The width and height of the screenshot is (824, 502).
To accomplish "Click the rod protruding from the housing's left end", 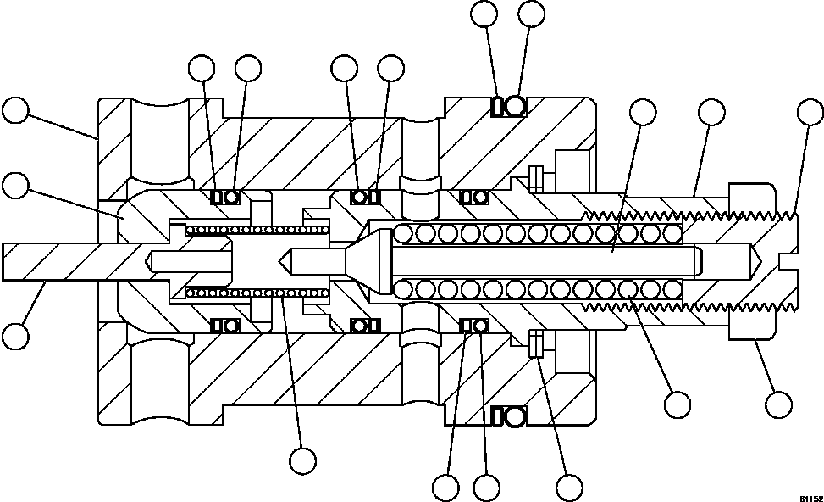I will (51, 261).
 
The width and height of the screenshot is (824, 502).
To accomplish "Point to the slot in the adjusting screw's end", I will (788, 254).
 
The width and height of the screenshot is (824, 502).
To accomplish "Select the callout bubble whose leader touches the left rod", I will (15, 334).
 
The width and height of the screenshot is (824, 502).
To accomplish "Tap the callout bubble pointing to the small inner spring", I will (302, 460).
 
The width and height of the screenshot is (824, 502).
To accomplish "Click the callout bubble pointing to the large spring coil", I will (677, 404).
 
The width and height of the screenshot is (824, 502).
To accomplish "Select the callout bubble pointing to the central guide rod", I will (643, 112).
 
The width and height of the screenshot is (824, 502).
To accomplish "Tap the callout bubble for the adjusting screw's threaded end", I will (811, 112).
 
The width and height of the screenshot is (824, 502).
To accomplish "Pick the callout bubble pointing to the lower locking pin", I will (569, 487).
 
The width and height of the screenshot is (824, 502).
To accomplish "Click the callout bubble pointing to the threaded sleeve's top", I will (711, 112).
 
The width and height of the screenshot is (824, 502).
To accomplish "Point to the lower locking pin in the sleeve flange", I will (535, 344).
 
